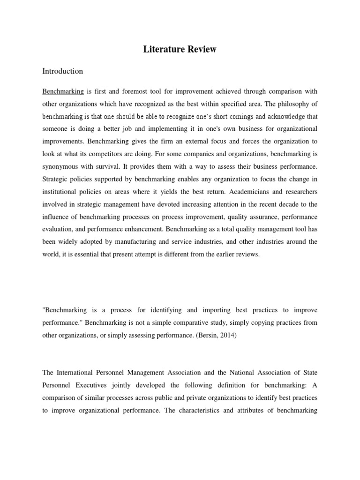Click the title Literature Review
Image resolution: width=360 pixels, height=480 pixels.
tap(180, 49)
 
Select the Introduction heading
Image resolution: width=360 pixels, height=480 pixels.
tap(62, 71)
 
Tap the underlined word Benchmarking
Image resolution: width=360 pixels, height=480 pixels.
tap(63, 91)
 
